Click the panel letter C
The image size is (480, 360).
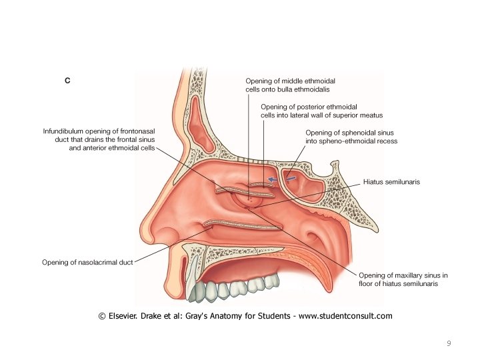coord(67,81)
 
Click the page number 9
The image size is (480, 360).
coord(449,343)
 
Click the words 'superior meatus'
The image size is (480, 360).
coord(355,115)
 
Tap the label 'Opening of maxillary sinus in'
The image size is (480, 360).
coord(403,275)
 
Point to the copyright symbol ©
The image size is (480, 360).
coord(101,316)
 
